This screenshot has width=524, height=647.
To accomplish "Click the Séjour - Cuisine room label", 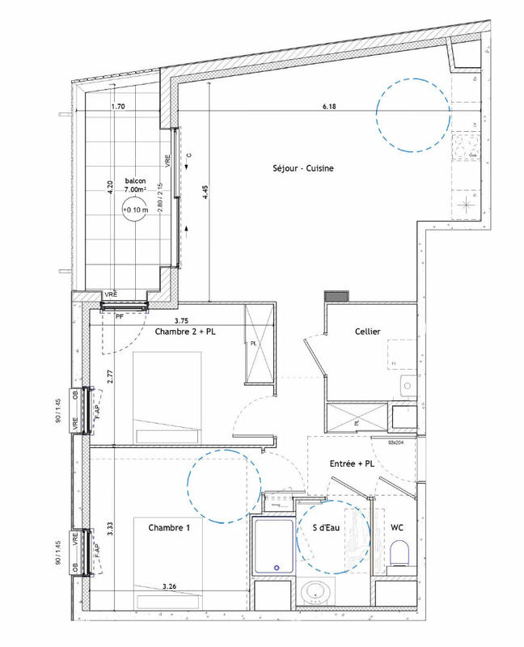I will (x=302, y=168).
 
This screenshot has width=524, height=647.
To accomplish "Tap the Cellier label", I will (x=368, y=332).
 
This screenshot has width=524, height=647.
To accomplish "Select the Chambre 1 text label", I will (x=169, y=528).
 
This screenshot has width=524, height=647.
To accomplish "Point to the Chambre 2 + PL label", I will (x=185, y=332).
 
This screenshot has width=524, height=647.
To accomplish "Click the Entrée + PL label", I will (x=352, y=464).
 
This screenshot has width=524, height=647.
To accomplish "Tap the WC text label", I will (x=397, y=528).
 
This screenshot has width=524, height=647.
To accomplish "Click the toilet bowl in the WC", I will (x=397, y=556).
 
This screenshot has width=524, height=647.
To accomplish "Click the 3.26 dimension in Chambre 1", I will (x=169, y=586).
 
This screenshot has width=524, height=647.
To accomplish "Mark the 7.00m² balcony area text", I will (x=136, y=189).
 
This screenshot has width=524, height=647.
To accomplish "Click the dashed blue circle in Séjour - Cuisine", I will (x=412, y=115).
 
